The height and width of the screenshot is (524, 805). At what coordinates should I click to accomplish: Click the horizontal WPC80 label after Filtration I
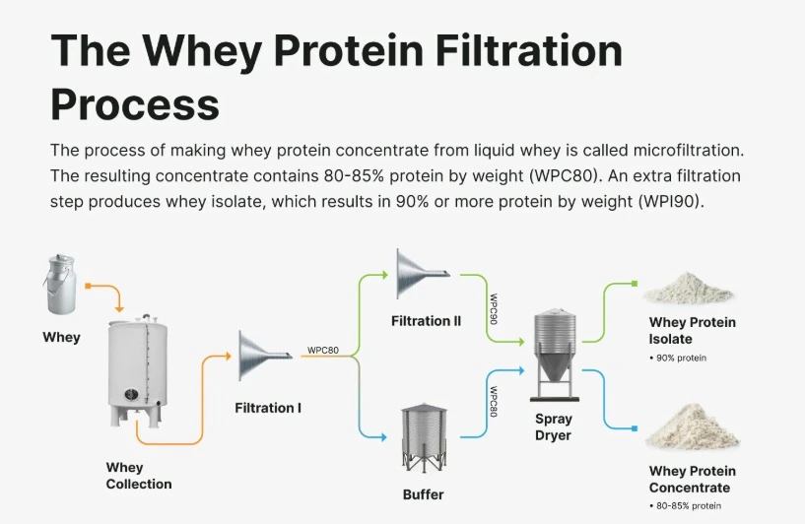(323, 350)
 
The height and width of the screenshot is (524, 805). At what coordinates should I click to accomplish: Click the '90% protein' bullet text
(681, 358)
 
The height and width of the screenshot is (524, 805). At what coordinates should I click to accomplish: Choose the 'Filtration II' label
(426, 321)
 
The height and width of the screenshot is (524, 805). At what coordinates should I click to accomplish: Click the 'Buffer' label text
(423, 494)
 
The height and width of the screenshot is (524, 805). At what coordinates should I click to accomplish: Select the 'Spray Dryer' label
(553, 426)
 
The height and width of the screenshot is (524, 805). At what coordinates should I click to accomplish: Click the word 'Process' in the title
(135, 101)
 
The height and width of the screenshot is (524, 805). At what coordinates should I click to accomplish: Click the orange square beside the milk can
(88, 287)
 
